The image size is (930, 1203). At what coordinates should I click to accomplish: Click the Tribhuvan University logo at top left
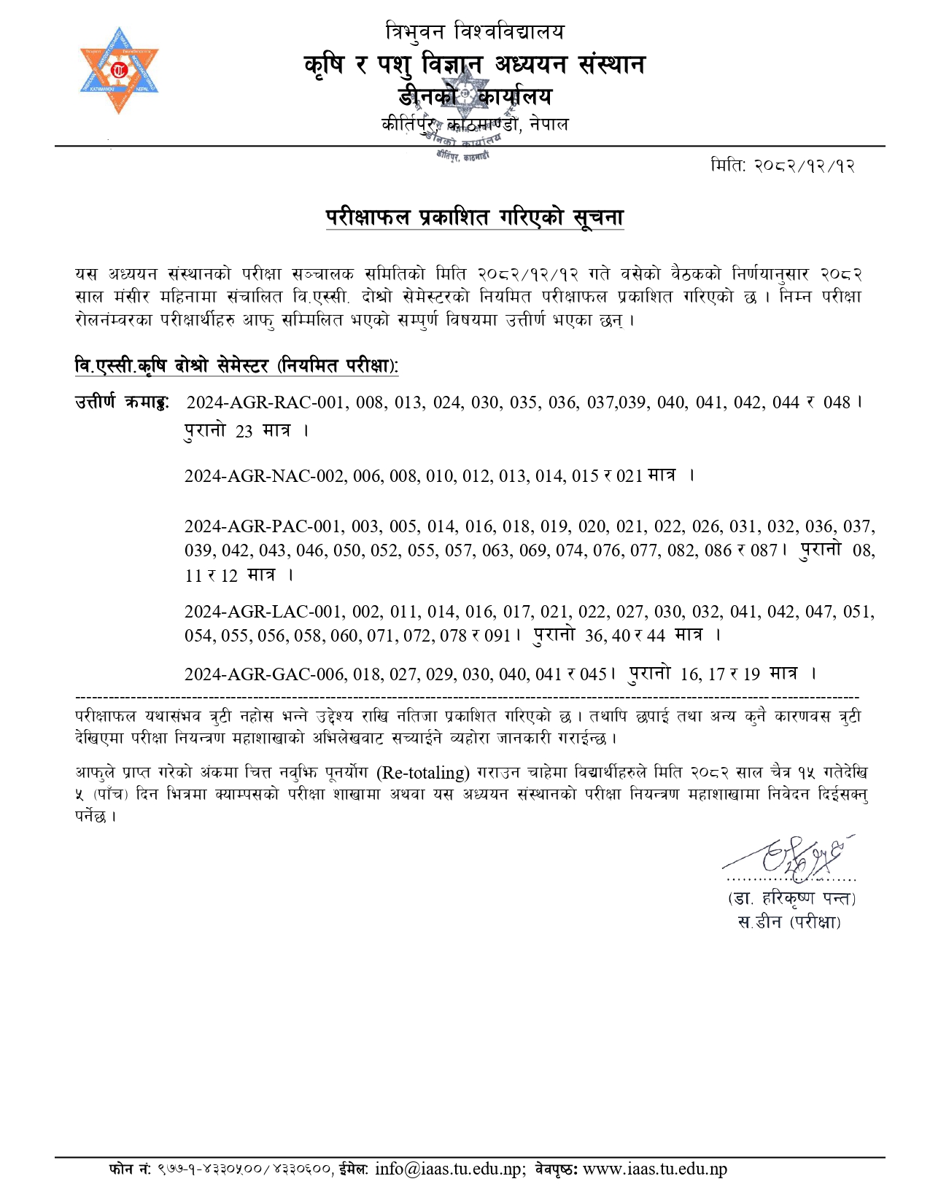(119, 71)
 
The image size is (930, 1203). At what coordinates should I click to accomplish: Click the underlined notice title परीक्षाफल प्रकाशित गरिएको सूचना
(474, 217)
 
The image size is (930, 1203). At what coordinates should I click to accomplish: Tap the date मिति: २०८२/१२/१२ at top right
(782, 166)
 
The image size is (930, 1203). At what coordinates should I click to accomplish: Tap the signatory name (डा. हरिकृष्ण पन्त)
(791, 898)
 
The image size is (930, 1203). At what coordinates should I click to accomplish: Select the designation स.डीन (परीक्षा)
(789, 922)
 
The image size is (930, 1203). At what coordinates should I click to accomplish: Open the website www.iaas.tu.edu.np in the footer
(655, 1169)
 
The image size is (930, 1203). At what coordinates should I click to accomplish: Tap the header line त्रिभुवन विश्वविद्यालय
(474, 32)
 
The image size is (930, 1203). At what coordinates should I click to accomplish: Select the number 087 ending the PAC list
(764, 550)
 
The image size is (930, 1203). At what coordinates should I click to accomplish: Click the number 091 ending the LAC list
(497, 636)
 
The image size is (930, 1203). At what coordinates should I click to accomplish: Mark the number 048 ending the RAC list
(837, 402)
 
